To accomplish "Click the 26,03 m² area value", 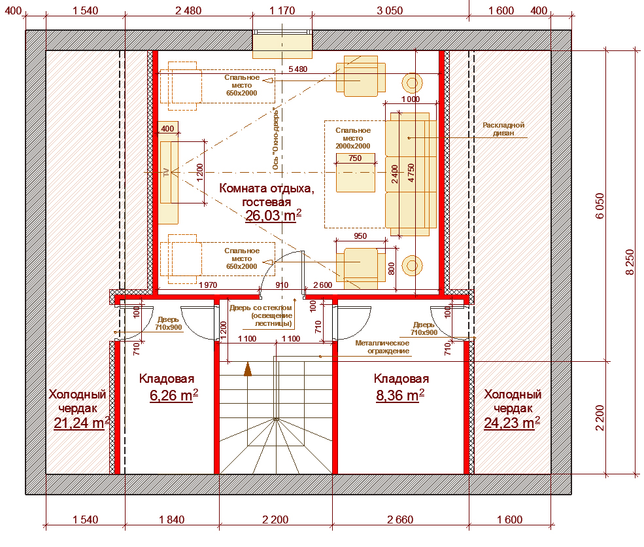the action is (273, 215).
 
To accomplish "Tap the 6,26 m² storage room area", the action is (174, 395).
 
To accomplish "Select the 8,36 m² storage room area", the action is (400, 395).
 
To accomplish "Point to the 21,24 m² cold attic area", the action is (81, 423).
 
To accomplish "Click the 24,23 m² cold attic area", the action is (512, 423).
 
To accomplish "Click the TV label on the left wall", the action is (166, 172).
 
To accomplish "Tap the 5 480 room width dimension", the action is (297, 69).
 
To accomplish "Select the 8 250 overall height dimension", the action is (630, 262).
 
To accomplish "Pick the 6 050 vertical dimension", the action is (600, 206).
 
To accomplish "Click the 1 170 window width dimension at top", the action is (282, 10).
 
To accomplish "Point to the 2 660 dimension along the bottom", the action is (400, 520).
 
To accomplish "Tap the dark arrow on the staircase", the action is (248, 369).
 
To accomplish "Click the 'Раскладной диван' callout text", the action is (503, 129).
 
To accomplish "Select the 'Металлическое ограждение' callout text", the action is (382, 347).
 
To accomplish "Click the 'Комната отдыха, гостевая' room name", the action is (267, 195).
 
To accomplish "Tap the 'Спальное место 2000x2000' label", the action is (353, 138).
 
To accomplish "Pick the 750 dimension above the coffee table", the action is (355, 158).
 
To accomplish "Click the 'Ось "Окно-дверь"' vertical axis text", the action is (276, 139).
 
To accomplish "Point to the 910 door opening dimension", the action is (282, 285).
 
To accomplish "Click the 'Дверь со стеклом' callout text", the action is (261, 308).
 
